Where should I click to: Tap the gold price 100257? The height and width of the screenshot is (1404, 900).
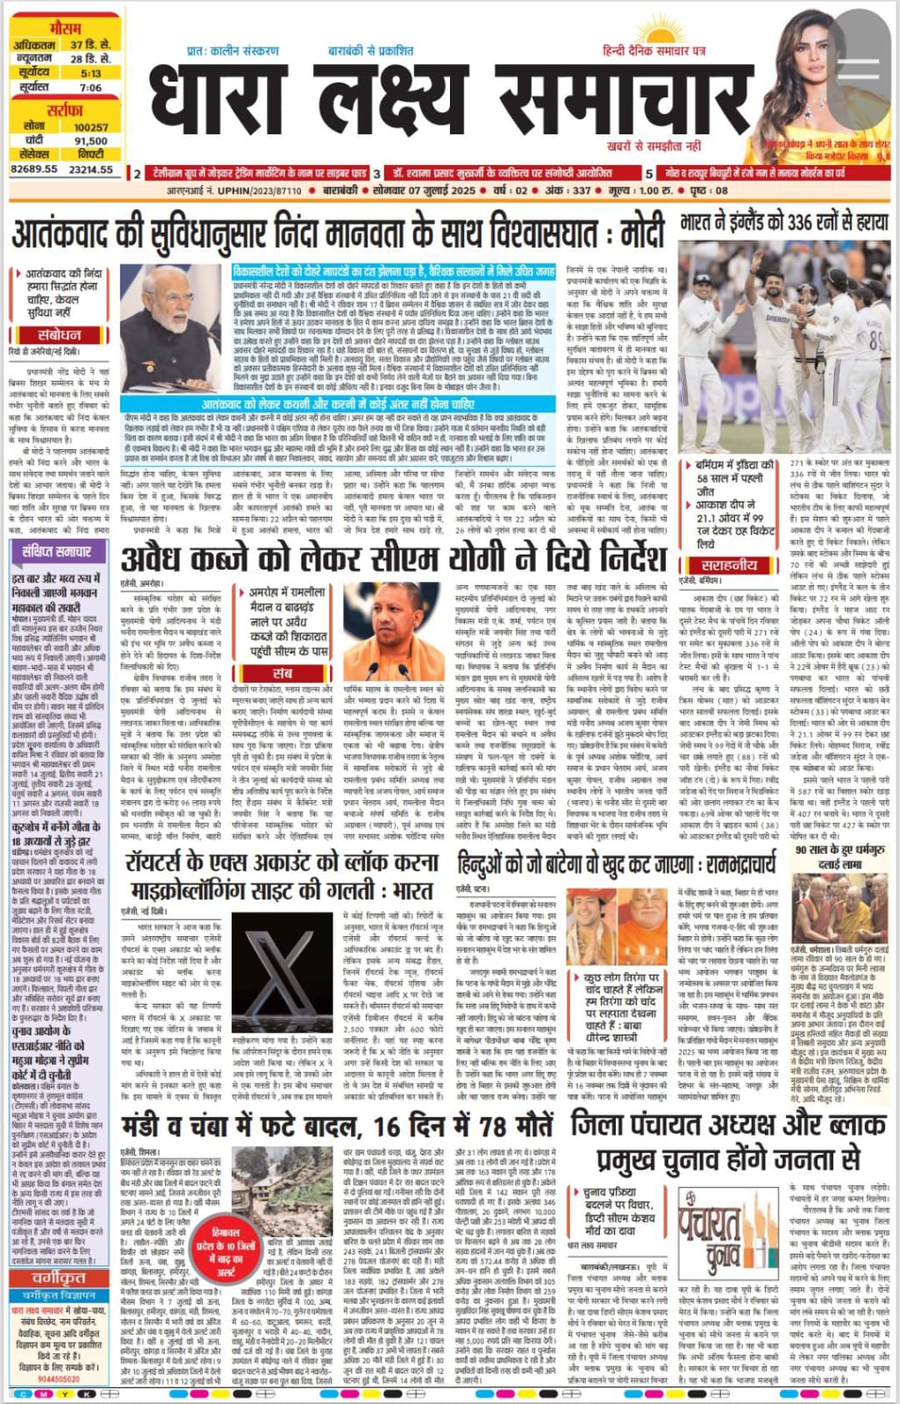tap(90, 127)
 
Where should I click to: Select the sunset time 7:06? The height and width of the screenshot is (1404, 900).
tap(90, 88)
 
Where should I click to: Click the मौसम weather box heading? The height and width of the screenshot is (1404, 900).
tap(65, 27)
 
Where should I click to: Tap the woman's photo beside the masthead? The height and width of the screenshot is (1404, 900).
tap(829, 83)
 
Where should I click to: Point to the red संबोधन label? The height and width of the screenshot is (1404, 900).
tap(60, 335)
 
